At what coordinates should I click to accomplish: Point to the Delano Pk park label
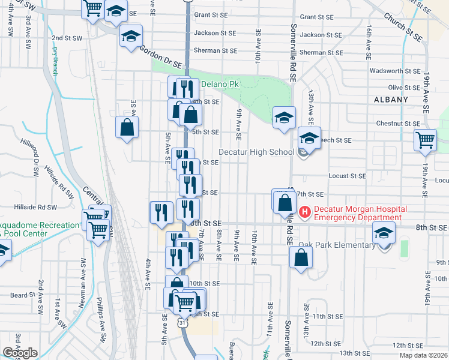[x=219, y=84]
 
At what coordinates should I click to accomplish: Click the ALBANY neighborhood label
[x=391, y=100]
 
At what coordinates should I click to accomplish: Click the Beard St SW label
[x=23, y=295]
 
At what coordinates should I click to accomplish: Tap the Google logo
[x=20, y=353]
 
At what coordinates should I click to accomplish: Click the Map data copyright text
[x=423, y=355]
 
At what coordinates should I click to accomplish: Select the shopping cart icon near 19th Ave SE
[x=425, y=140]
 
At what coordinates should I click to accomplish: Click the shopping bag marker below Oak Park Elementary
[x=301, y=257]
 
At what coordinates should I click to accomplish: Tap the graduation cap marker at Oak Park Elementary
[x=384, y=233]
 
